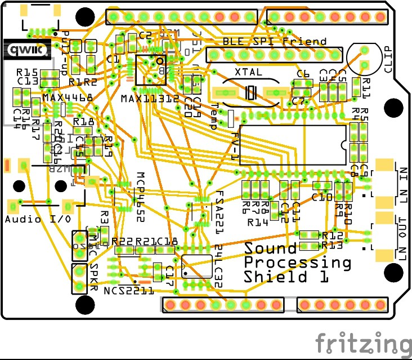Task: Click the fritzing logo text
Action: [x=362, y=343]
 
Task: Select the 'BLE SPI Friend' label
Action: [x=274, y=41]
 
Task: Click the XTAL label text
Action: [x=248, y=73]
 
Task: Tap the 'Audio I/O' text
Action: [x=38, y=219]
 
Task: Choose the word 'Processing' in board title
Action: [x=297, y=263]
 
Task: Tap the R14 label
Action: [x=258, y=223]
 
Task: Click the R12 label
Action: [x=333, y=235]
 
